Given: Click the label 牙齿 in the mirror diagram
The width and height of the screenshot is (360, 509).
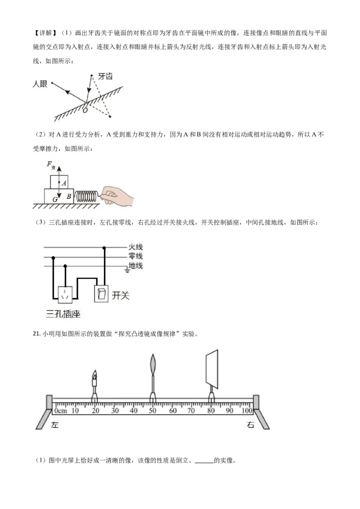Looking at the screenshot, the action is click(105, 76).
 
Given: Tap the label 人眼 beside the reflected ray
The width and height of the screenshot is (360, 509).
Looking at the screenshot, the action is click(40, 84).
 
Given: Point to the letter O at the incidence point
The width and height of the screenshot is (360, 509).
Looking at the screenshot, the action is click(85, 110).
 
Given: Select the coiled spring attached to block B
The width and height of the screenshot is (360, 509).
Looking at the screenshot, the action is click(86, 196).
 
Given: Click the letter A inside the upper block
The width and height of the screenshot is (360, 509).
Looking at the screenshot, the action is click(64, 183).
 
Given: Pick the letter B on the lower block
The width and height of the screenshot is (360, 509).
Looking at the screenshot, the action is click(69, 196).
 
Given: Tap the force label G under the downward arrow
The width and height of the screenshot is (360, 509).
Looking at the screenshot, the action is click(55, 199).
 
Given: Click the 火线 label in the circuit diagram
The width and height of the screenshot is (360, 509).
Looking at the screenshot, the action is click(135, 247).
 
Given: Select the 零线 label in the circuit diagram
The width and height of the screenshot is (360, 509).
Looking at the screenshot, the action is click(135, 256).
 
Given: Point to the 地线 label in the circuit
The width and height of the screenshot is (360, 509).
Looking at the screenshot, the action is click(135, 266).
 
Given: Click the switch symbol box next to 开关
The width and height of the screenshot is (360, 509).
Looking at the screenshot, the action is click(101, 294).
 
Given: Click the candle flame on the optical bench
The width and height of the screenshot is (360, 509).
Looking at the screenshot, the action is click(94, 375).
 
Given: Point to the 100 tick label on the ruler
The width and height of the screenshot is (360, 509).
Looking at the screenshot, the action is click(247, 411).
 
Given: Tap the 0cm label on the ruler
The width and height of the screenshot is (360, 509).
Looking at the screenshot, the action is click(60, 411).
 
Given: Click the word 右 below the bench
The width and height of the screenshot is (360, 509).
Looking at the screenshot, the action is click(251, 424).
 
